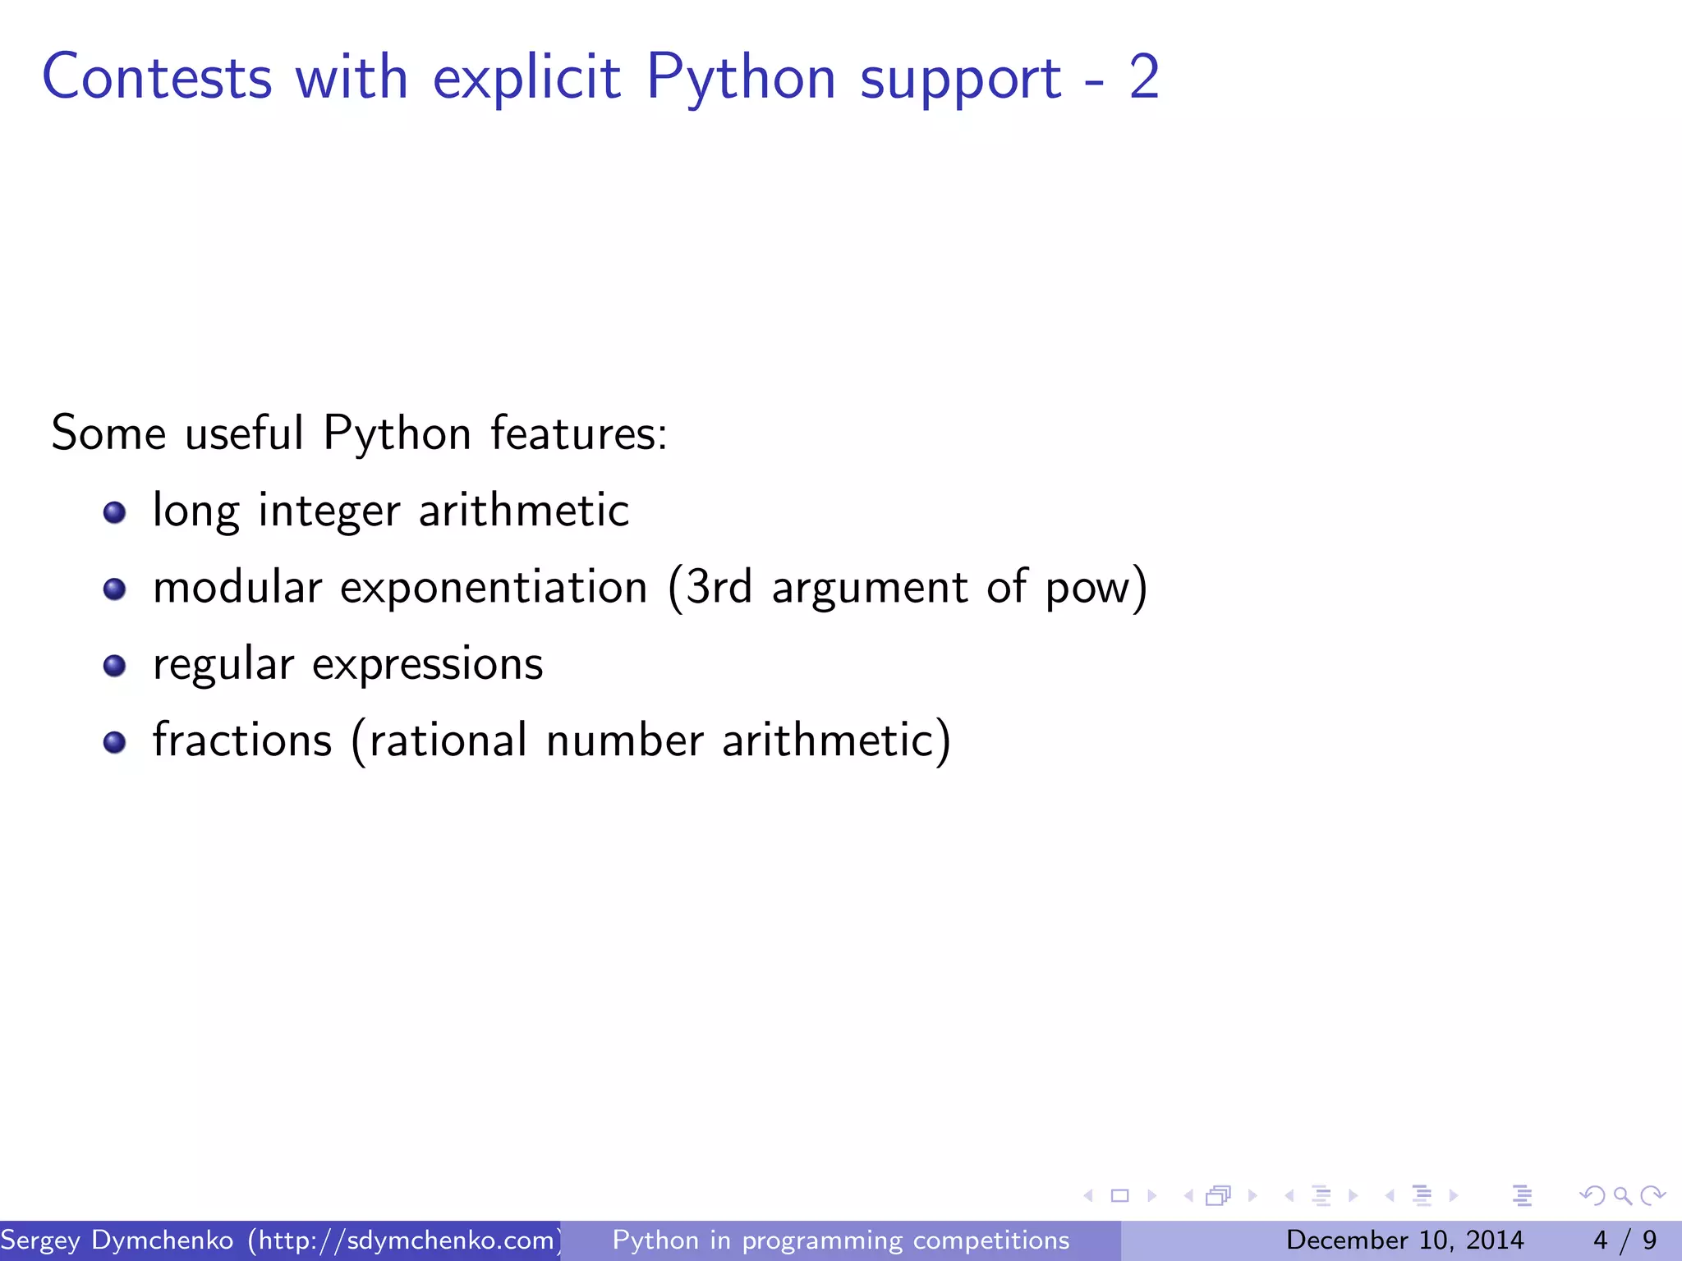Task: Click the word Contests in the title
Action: (x=156, y=77)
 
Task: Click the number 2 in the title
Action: (x=1144, y=77)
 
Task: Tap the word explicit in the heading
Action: (x=526, y=79)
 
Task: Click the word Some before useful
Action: (x=108, y=433)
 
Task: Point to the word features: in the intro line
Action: (x=579, y=433)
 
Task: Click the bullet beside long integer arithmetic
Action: (x=115, y=513)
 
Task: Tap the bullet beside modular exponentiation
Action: (x=115, y=589)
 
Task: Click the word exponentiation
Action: (x=494, y=589)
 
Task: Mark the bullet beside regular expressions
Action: (x=115, y=665)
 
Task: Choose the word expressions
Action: (x=427, y=665)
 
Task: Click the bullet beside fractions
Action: (x=115, y=742)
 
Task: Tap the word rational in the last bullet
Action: (x=448, y=741)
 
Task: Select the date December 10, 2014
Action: (x=1404, y=1240)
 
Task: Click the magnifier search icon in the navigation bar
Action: (x=1622, y=1196)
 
